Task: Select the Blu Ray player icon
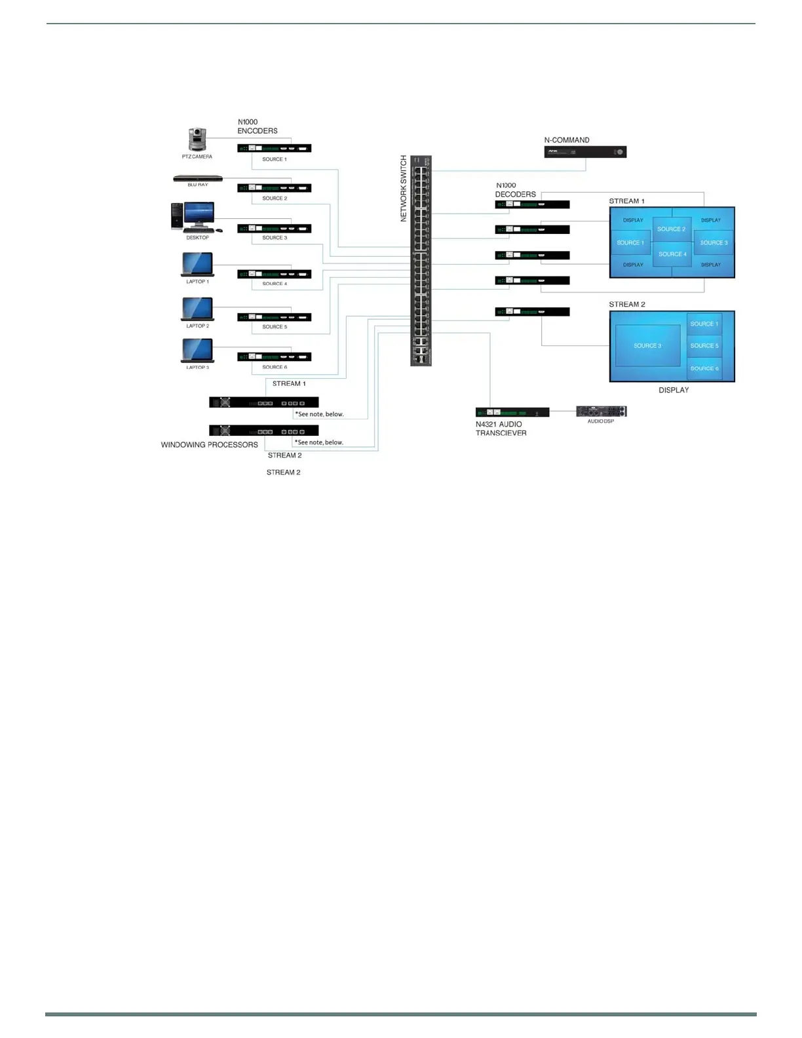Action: (x=198, y=178)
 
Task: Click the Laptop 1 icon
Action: (x=197, y=265)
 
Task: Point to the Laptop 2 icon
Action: (x=197, y=309)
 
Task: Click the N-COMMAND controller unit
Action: (x=585, y=152)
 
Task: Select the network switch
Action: (x=421, y=261)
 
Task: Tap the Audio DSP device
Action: (x=601, y=412)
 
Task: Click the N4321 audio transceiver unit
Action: (x=512, y=412)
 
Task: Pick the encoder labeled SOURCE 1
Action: (x=274, y=149)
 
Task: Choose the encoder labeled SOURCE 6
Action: (x=274, y=357)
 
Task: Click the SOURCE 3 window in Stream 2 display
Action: (x=647, y=346)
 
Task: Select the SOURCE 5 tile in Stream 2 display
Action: (x=704, y=346)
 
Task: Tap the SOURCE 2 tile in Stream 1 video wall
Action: (x=672, y=229)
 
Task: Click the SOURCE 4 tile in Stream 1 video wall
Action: (x=672, y=254)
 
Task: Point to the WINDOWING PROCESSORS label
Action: (x=210, y=445)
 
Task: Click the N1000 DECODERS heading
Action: (x=515, y=190)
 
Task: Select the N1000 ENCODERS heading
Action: (x=257, y=126)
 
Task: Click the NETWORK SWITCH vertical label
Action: (x=404, y=189)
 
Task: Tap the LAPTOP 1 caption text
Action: (x=197, y=282)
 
